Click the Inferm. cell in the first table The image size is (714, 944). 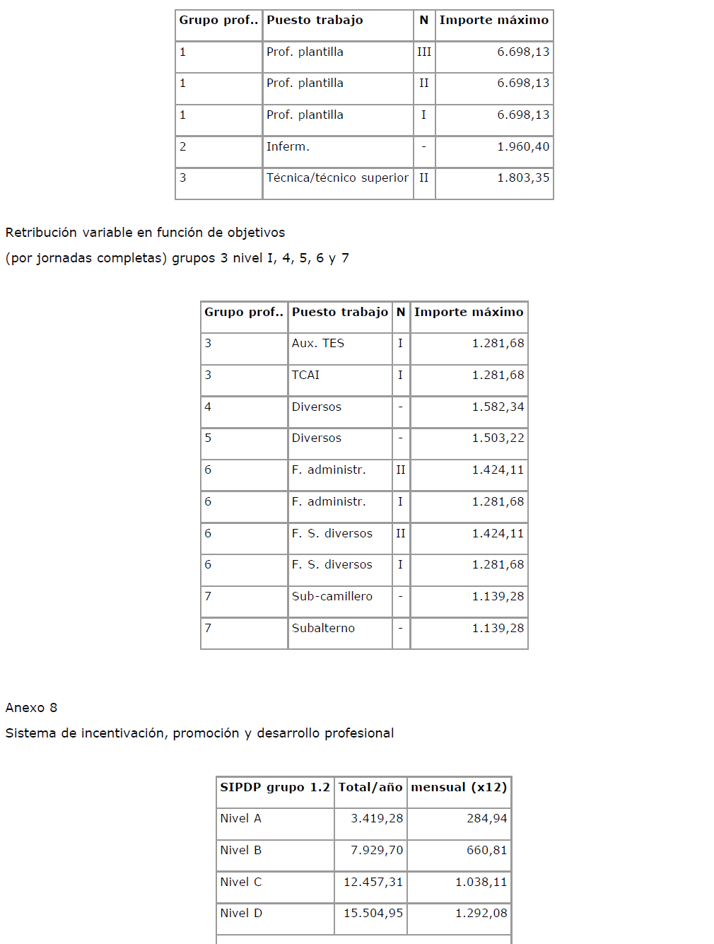click(288, 147)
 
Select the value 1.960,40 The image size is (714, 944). click(522, 147)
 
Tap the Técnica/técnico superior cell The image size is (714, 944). click(337, 178)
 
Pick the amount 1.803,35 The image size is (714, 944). click(522, 178)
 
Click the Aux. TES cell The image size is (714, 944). click(317, 344)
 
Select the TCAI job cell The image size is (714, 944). click(305, 375)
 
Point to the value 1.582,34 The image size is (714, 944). click(498, 407)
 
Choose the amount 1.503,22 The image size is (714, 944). click(498, 438)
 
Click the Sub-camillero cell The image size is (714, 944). click(332, 597)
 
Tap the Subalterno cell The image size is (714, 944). click(323, 629)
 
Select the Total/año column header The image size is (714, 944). click(370, 788)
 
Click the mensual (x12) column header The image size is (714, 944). click(459, 788)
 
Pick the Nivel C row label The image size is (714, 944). click(240, 882)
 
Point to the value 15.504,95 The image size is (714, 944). click(373, 914)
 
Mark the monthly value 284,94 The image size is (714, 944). click(486, 819)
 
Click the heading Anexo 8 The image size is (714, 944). click(31, 708)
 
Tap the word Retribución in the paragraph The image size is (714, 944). click(40, 233)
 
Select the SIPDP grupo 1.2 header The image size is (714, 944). click(274, 788)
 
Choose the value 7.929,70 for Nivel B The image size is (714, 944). click(377, 851)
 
